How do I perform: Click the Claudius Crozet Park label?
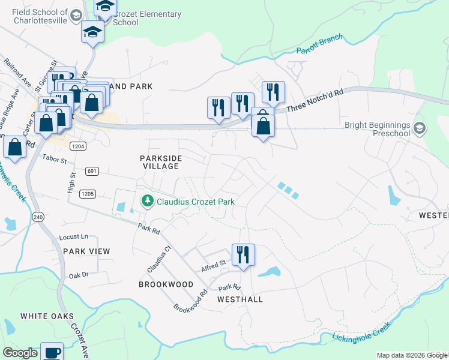pos(195,202)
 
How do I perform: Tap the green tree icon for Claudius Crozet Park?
pos(146,201)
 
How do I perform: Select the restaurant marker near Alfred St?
pos(243,254)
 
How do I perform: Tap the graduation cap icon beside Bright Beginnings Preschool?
pos(420,128)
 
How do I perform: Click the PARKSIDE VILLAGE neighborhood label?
pos(160,162)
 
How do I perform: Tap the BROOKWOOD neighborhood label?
pos(166,284)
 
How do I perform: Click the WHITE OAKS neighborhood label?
pos(47,316)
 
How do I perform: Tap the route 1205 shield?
pos(88,193)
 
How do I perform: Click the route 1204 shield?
pos(77,146)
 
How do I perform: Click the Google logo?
pos(20,353)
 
